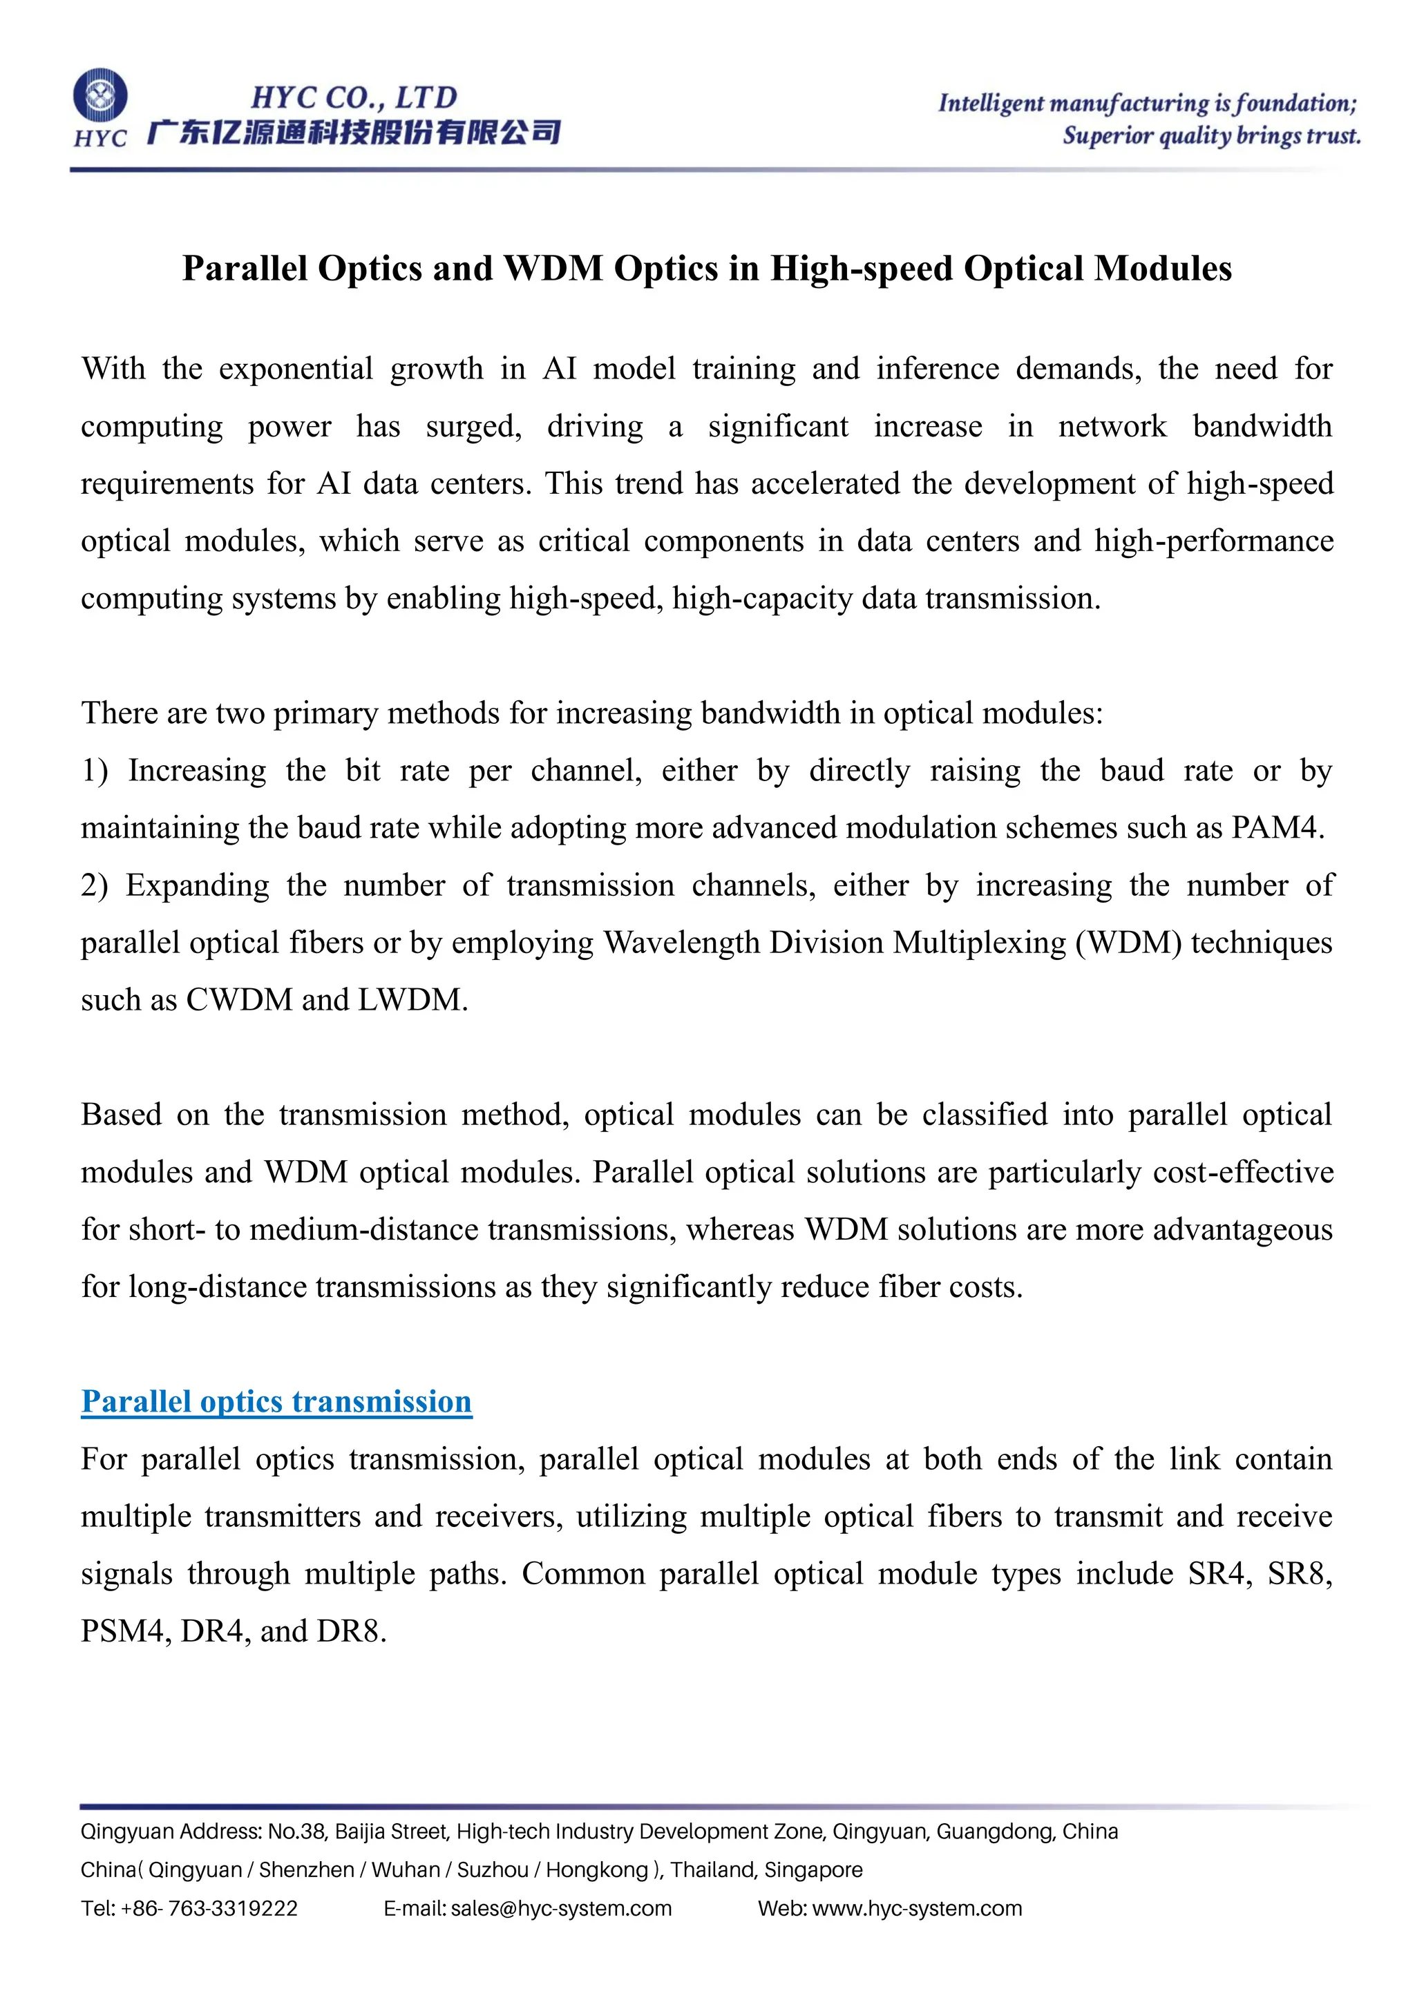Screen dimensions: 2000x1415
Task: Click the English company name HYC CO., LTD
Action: [x=354, y=97]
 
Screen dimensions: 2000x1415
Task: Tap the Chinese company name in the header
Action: [x=354, y=133]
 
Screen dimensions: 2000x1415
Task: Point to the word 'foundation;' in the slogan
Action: [x=1295, y=104]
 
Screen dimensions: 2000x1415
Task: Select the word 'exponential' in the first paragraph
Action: [x=296, y=369]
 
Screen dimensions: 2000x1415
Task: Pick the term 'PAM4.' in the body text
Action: [x=1278, y=827]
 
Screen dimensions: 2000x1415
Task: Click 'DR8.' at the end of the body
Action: [x=351, y=1631]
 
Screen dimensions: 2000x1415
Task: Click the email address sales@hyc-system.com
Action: [x=561, y=1909]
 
